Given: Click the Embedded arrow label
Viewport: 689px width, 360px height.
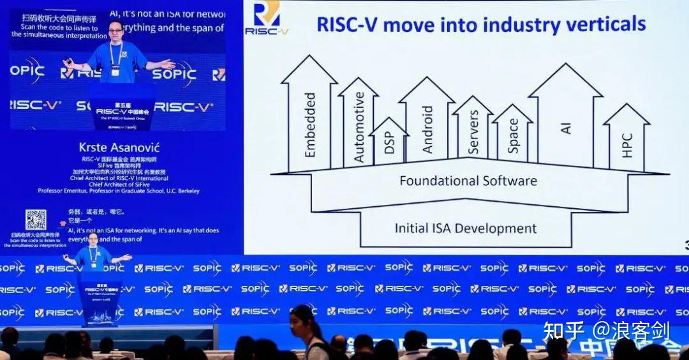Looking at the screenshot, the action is tap(310, 124).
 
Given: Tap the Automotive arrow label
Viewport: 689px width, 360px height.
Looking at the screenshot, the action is tap(359, 126).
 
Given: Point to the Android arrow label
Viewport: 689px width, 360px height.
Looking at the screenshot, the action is tap(427, 129).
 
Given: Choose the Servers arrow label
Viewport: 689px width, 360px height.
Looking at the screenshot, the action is tap(473, 132).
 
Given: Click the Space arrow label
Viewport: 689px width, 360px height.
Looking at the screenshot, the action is tap(513, 135).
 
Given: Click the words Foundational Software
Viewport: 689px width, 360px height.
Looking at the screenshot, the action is tap(468, 181).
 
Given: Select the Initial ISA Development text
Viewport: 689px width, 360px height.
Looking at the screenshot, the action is tap(466, 228).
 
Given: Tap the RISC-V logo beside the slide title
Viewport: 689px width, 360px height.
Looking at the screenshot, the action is tap(267, 17).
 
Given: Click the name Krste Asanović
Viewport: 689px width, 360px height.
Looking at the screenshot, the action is tap(117, 147).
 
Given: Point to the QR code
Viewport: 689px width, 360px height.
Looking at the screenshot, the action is tap(36, 220).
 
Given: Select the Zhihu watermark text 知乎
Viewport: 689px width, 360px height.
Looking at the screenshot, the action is tap(563, 331).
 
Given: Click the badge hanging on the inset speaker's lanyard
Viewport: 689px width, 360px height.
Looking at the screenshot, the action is tap(115, 71).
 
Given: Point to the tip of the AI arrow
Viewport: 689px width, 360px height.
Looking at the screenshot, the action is tap(565, 64).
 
